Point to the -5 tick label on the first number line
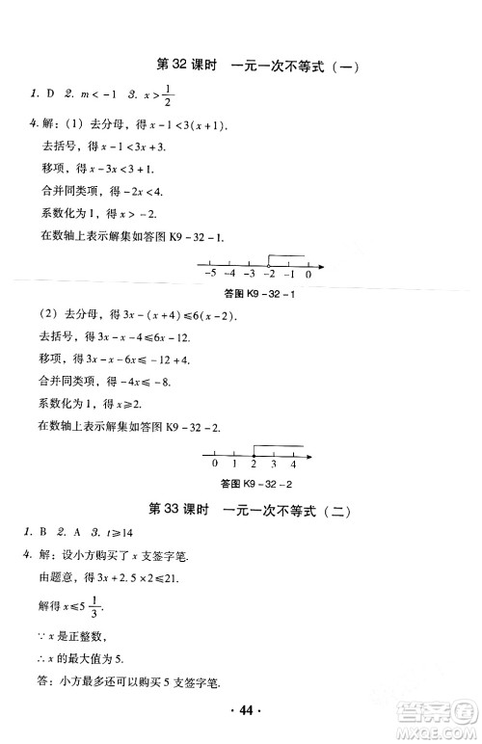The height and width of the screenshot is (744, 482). (210, 275)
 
